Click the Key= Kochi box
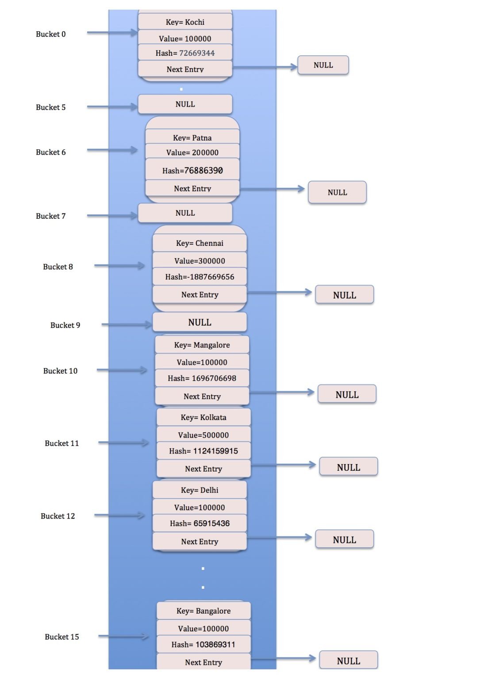(185, 22)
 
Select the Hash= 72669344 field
(185, 53)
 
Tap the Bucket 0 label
(51, 34)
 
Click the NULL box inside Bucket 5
(185, 104)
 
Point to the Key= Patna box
(192, 137)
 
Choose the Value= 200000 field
(192, 153)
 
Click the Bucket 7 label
(51, 216)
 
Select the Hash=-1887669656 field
(200, 277)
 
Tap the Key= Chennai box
(200, 243)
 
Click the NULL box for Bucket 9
(200, 322)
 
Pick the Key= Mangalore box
(202, 345)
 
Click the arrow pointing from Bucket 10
(122, 370)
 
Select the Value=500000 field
(204, 435)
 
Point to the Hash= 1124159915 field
(204, 451)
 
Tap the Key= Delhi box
(200, 490)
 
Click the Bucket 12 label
(58, 516)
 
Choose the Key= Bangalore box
(204, 611)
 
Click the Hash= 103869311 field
(204, 645)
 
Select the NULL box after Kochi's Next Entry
(323, 65)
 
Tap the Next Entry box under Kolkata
(204, 469)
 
